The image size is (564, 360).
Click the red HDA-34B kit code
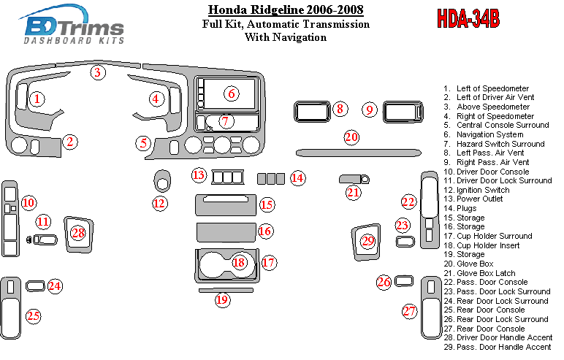(468, 19)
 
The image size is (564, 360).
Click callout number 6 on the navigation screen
(232, 94)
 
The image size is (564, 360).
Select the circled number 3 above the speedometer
(97, 72)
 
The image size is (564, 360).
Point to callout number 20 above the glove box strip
(351, 137)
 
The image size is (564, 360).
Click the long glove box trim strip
(358, 153)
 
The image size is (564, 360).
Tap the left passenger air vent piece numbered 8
(312, 112)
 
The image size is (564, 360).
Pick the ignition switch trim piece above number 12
(162, 180)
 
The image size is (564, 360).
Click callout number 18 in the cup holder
(239, 263)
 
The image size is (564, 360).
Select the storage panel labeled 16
(226, 232)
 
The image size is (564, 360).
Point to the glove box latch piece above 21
(354, 179)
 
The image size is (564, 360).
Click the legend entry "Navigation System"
(490, 134)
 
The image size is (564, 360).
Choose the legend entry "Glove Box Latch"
(486, 273)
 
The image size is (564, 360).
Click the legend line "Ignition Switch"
(483, 190)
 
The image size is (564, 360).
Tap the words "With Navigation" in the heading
(286, 37)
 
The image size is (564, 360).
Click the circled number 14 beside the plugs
(298, 178)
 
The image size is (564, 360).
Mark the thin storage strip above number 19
(226, 290)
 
